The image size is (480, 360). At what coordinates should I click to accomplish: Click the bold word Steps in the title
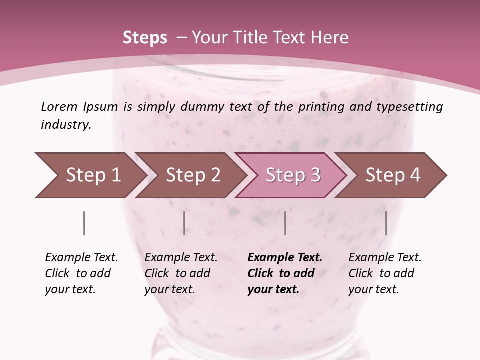click(145, 38)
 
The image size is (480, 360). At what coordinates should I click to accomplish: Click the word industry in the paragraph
click(65, 125)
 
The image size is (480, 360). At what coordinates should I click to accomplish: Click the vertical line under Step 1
click(84, 223)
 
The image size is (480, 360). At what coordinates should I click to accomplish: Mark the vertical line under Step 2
click(184, 223)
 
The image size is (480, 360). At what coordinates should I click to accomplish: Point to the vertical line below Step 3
click(285, 223)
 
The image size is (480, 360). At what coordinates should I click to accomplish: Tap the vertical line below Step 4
click(386, 223)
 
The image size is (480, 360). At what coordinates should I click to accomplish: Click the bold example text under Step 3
click(284, 273)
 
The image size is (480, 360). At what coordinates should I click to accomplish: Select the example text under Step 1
click(81, 273)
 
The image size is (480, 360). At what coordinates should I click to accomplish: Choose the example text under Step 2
click(180, 273)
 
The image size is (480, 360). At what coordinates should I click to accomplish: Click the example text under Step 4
click(384, 273)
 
